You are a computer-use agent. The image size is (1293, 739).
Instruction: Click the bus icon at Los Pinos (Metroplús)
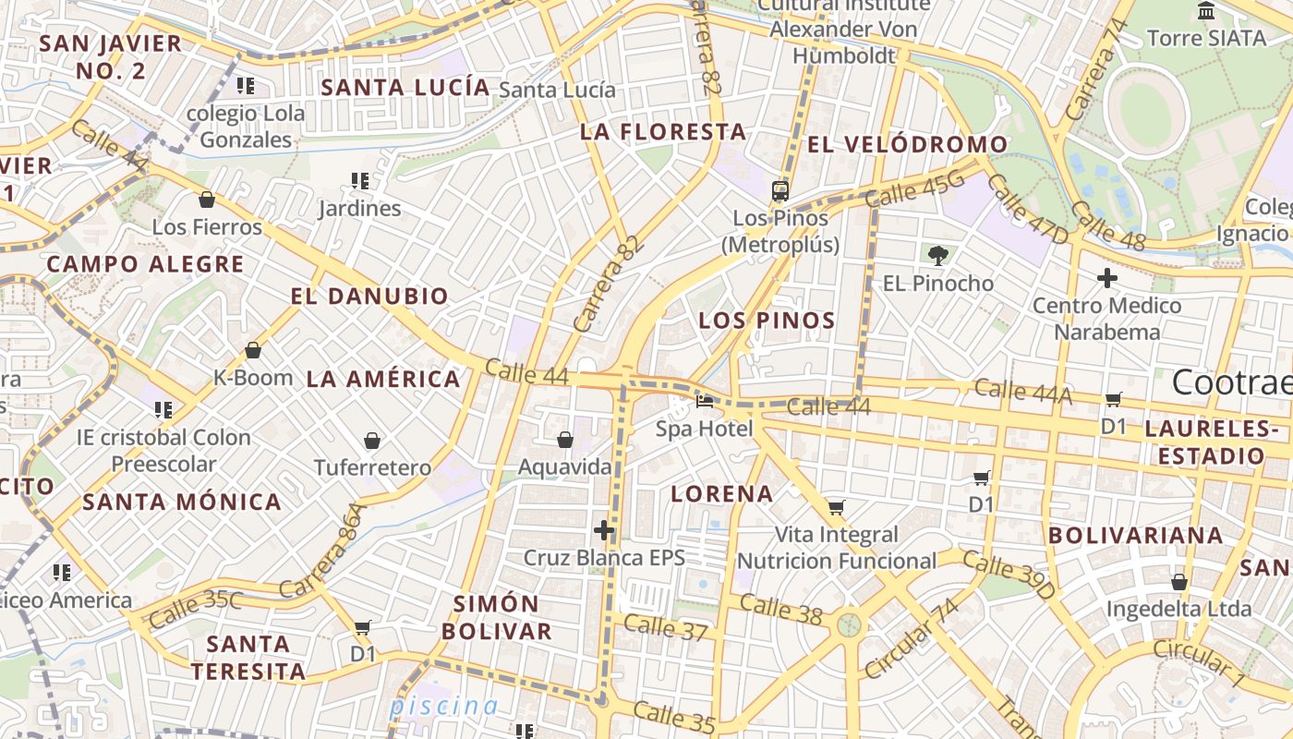780,191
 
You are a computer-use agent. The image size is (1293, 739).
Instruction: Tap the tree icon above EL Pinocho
938,255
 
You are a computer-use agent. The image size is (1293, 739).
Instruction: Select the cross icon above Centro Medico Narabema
1106,277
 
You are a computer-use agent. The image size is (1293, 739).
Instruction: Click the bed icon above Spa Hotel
705,401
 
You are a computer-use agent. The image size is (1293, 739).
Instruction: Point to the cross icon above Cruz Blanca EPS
604,530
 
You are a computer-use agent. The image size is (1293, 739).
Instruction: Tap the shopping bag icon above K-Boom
252,350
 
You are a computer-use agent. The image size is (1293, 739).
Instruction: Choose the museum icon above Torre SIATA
1205,11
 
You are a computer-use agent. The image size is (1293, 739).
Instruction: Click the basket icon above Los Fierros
207,200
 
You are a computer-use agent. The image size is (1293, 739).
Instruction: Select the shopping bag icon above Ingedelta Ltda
1178,582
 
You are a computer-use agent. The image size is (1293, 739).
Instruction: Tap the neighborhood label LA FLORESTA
663,132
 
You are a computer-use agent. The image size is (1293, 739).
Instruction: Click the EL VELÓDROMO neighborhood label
907,145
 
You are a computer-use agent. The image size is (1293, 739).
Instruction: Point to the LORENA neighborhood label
722,493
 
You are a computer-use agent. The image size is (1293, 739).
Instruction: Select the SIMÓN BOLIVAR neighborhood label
497,618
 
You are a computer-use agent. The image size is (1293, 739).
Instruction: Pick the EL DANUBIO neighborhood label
369,297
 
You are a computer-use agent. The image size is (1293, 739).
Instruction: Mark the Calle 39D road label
1009,575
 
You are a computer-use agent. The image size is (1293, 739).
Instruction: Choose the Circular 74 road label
912,637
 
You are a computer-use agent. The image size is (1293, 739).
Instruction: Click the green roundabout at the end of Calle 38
849,625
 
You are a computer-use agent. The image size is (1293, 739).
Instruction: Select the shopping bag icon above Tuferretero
372,441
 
